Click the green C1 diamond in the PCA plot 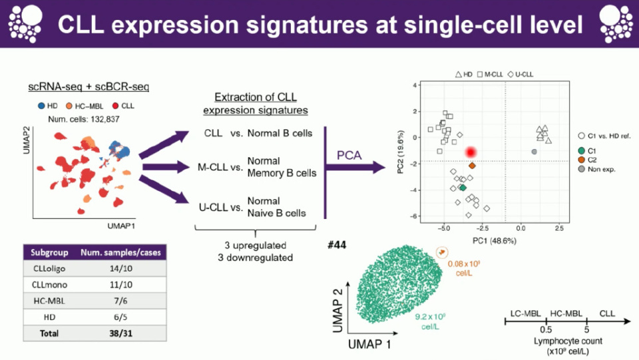[463, 188]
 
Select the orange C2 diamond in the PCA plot [472, 166]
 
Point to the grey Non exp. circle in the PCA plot [534, 152]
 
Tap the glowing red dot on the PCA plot [471, 152]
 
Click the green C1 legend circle [581, 150]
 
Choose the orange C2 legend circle [581, 160]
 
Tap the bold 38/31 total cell [121, 333]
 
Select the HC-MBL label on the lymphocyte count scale [566, 312]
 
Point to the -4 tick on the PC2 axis [414, 190]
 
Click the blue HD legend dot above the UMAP [41, 106]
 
